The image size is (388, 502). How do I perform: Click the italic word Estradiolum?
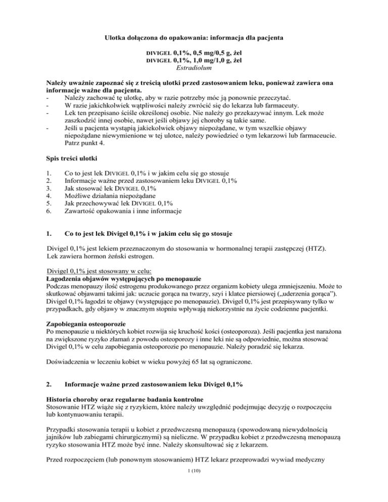click(x=193, y=68)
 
